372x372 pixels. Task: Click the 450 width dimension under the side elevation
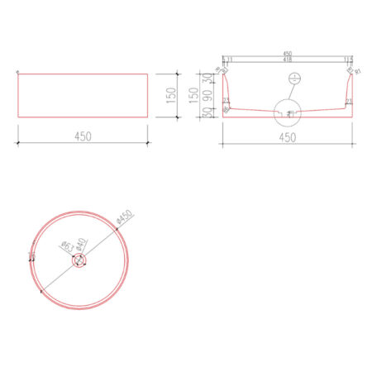[82, 135]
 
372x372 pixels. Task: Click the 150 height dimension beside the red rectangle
[171, 97]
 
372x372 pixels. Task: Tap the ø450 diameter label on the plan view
[125, 218]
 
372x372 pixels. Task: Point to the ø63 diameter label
[64, 246]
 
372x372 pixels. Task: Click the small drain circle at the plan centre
[79, 260]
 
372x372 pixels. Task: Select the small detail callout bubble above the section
[290, 79]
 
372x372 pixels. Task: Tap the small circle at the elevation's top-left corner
[17, 73]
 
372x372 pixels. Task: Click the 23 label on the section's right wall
[349, 100]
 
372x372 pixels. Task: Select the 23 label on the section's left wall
[227, 100]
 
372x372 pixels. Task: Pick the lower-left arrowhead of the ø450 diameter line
[41, 291]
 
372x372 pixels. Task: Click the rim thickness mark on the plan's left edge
[31, 257]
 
